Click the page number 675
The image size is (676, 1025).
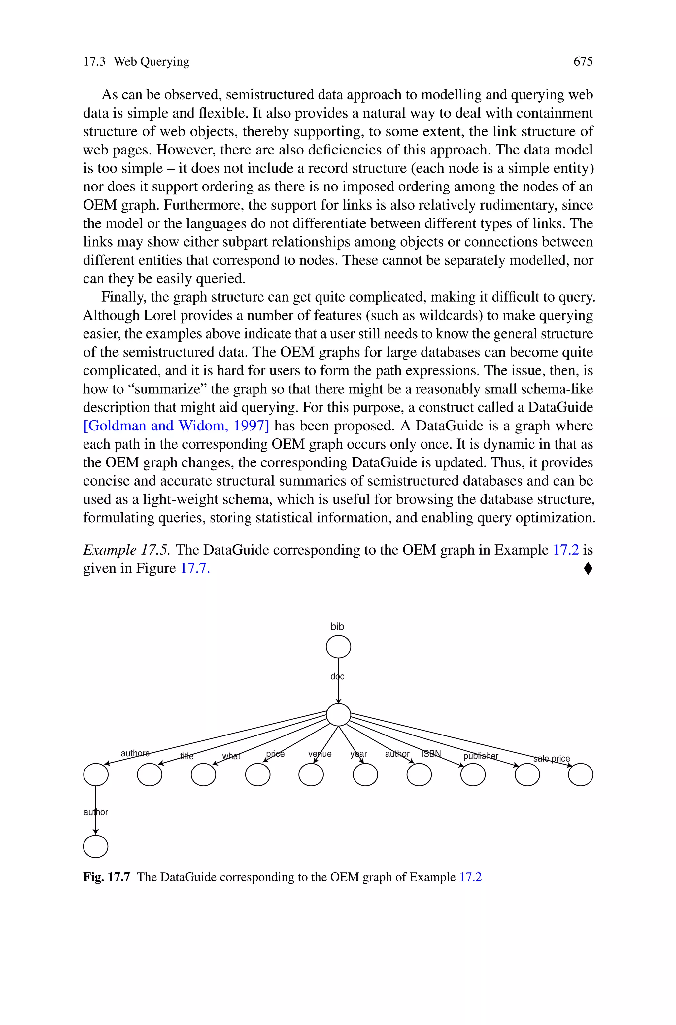tap(583, 62)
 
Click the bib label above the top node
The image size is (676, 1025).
tap(337, 626)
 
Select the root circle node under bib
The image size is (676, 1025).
tap(338, 647)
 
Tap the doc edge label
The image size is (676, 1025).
tap(338, 676)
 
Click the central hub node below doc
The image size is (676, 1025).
tap(338, 715)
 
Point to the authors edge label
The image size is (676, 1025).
tap(135, 753)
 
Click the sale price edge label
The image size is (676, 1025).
tap(552, 758)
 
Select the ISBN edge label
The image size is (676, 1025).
tap(431, 753)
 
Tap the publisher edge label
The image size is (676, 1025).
tap(481, 756)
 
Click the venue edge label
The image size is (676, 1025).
tap(320, 753)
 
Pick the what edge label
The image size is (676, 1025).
tap(231, 756)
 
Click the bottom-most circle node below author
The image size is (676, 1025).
tap(96, 846)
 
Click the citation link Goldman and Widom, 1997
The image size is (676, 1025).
tap(176, 426)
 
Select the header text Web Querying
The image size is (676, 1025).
tap(151, 62)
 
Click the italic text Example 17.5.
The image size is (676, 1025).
tap(127, 550)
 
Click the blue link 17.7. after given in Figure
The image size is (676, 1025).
tap(195, 568)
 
